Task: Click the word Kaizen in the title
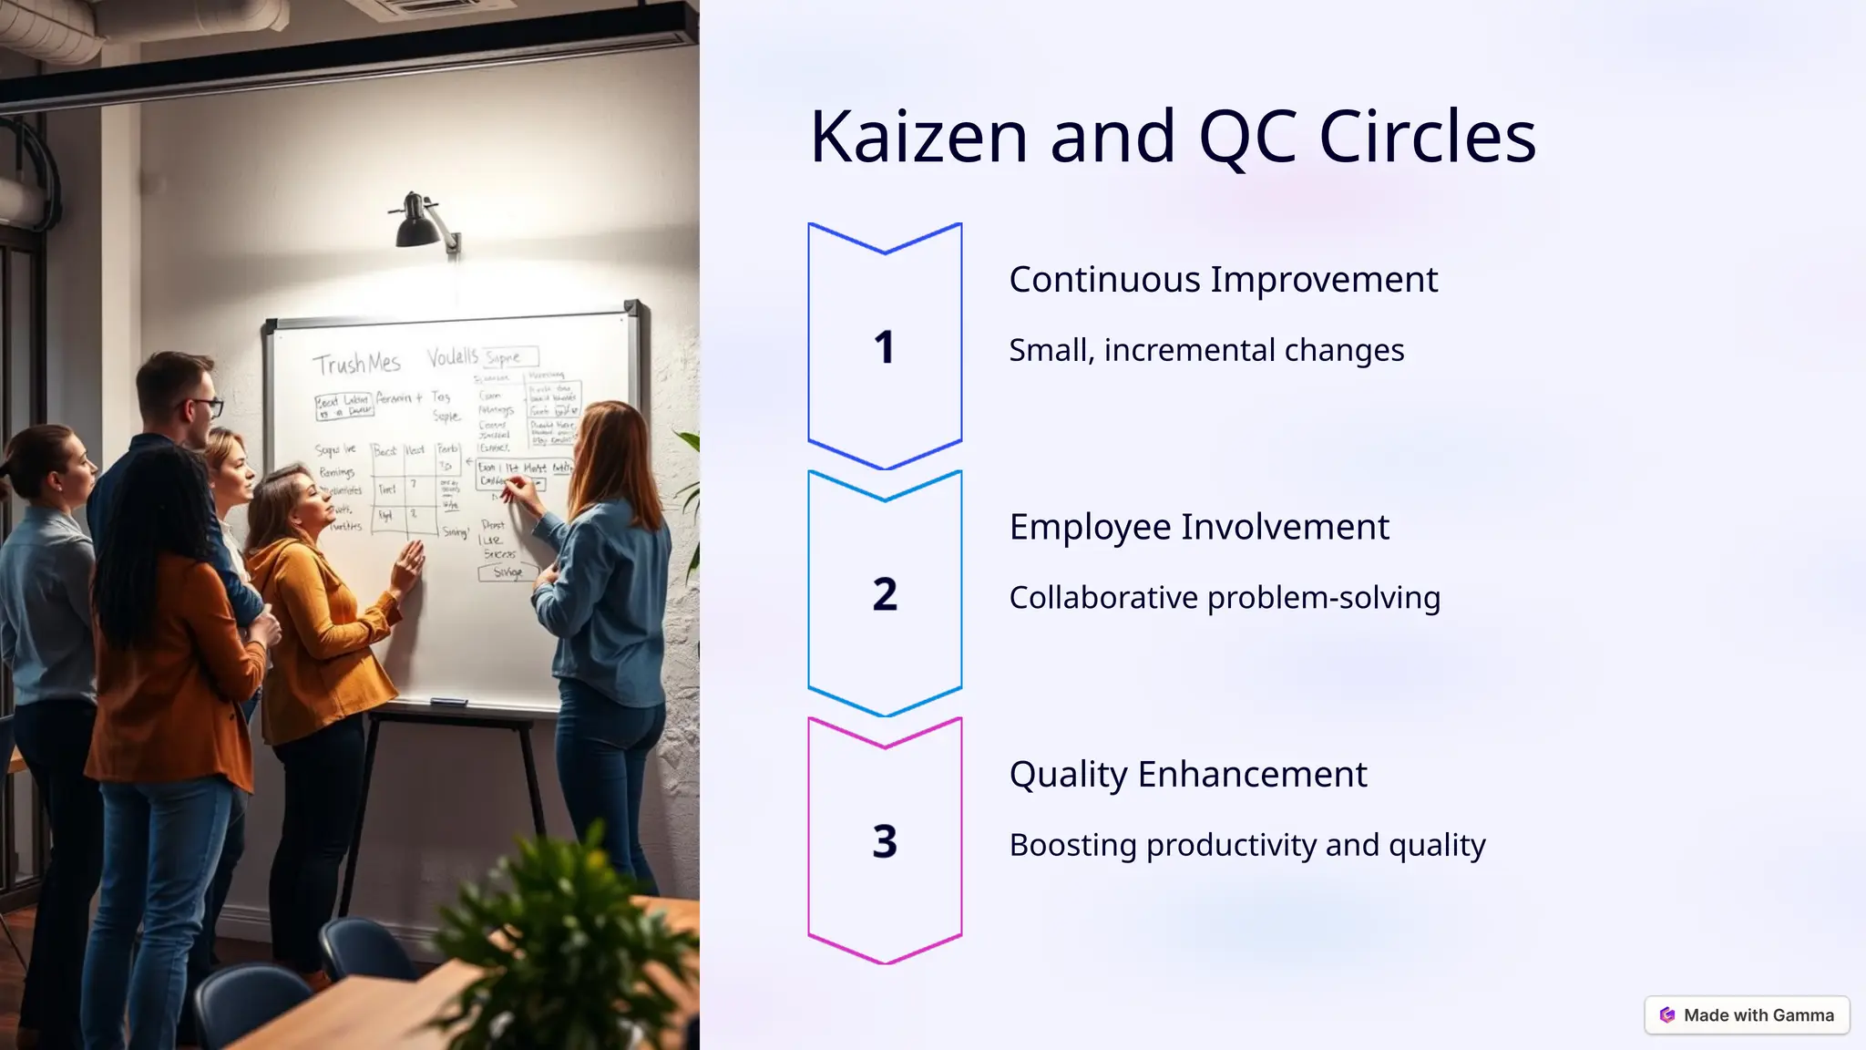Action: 918,137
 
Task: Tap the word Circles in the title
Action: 1427,137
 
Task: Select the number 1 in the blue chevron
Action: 884,347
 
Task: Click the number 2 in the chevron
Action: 884,594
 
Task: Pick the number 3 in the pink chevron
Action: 884,841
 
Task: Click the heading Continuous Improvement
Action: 1223,280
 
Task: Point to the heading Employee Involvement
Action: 1199,527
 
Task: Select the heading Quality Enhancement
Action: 1188,775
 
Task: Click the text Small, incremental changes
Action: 1206,350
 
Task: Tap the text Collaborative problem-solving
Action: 1225,598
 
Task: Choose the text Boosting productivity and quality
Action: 1247,845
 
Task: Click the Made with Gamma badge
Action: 1747,1015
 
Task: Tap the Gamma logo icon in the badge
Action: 1667,1015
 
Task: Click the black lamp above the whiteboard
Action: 417,222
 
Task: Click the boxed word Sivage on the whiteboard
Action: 508,572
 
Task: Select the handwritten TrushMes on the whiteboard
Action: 356,364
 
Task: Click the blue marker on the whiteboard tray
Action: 447,703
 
